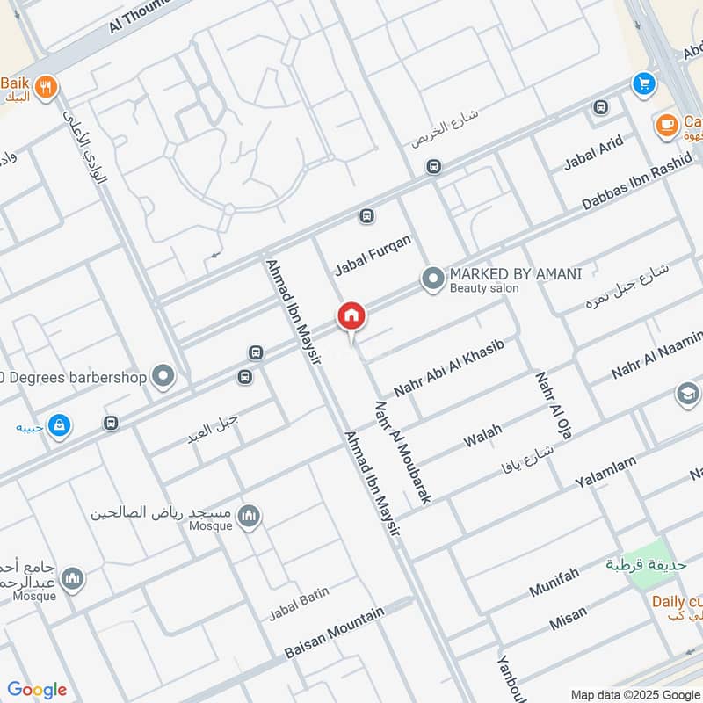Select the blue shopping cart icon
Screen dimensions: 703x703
tap(644, 83)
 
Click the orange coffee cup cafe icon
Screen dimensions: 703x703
tap(666, 123)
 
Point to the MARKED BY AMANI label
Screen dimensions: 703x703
tap(516, 274)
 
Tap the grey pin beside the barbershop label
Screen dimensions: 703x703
tap(163, 377)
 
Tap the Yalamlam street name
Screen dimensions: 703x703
tap(605, 472)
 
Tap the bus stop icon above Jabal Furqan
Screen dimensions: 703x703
tap(366, 215)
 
